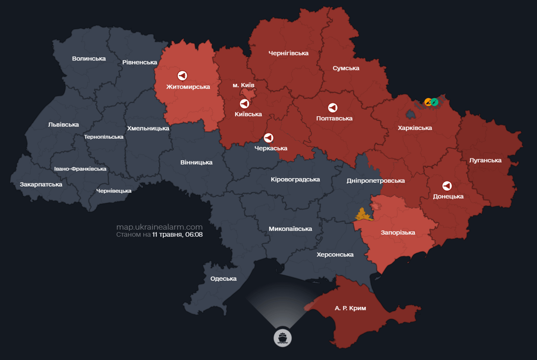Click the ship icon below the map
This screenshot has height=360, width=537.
pos(282,337)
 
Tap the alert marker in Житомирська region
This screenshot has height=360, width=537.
pos(182,75)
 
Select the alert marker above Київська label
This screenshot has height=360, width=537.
pos(244,104)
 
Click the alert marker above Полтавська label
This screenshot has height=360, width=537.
pos(333,108)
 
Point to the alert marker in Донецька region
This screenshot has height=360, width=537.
pos(447,186)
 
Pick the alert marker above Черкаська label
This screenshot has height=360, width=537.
pos(269,138)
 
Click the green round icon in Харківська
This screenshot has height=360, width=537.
pos(435,102)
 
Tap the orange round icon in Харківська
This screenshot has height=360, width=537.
pos(428,102)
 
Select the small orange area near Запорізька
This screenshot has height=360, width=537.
pos(363,215)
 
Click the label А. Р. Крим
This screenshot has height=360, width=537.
pos(350,308)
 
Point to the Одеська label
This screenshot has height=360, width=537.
pos(223,278)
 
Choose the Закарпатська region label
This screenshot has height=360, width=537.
pos(41,184)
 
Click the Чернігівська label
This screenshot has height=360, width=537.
pos(288,53)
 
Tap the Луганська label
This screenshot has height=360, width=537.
pos(485,160)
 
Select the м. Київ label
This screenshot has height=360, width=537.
pos(243,85)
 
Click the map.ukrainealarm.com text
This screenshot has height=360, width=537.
pos(159,227)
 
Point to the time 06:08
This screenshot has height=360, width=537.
pos(194,234)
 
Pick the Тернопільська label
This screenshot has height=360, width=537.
pos(104,137)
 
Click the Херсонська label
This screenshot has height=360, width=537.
pos(335,255)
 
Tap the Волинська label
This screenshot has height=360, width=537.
pos(89,59)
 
